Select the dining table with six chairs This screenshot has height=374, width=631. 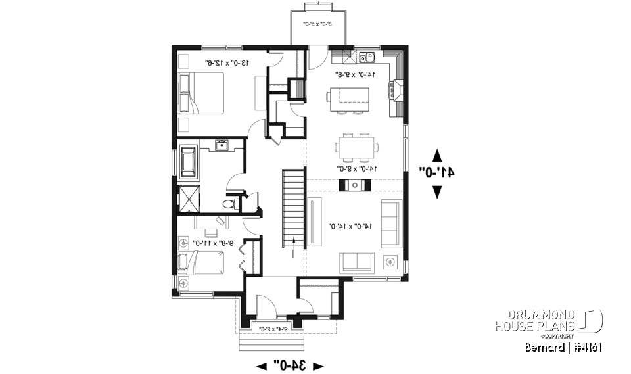[x=356, y=147]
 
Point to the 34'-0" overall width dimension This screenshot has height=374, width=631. [x=290, y=365]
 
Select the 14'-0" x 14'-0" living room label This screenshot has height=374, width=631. [x=352, y=227]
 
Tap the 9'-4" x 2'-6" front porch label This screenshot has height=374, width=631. [x=272, y=329]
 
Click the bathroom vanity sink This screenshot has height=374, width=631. [x=222, y=145]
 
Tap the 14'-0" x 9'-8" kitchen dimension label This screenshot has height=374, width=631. [x=355, y=74]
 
